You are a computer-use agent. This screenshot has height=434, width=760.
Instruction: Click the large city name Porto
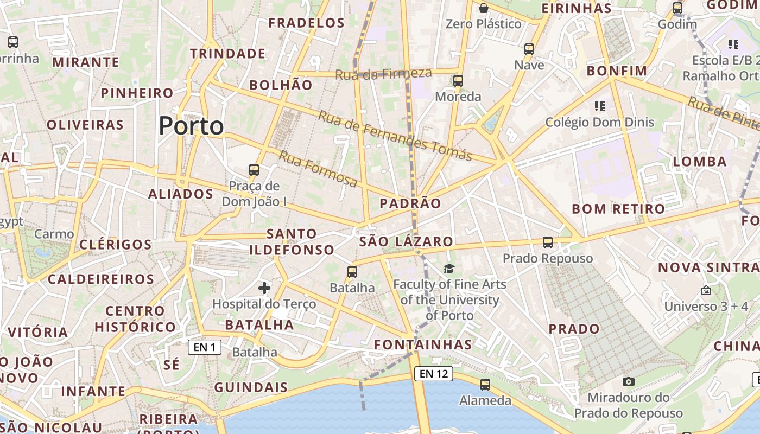[x=191, y=126]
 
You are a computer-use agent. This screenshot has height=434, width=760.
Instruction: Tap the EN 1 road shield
[x=205, y=347]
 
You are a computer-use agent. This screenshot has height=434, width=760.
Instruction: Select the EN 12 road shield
[x=433, y=373]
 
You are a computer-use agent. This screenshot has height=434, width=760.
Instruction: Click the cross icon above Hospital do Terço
[x=264, y=288]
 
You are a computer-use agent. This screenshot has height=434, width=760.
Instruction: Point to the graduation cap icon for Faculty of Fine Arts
[x=449, y=269]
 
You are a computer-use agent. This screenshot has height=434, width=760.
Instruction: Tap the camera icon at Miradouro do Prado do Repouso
[x=629, y=382]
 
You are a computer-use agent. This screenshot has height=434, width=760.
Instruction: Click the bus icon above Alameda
[x=485, y=385]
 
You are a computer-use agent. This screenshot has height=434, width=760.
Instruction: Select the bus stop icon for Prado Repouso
[x=547, y=242]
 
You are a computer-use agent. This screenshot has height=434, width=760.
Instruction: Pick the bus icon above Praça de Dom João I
[x=254, y=170]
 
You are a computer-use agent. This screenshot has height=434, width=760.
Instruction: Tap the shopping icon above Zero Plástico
[x=483, y=8]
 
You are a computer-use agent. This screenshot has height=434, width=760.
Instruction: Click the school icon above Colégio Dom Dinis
[x=599, y=106]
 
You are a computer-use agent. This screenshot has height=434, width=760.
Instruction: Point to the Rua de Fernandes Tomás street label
[x=395, y=136]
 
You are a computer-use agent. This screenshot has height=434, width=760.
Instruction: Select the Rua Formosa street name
[x=318, y=169]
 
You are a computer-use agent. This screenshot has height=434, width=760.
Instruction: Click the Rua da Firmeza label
[x=383, y=74]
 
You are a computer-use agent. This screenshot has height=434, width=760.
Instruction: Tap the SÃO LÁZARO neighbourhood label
[x=406, y=241]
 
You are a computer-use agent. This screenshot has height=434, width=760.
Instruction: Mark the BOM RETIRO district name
[x=618, y=209]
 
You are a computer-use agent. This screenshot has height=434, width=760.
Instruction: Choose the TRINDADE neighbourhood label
[x=227, y=54]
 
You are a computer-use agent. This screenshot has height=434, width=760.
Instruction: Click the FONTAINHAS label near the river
[x=423, y=344]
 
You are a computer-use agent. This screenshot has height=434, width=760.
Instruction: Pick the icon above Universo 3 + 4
[x=706, y=291]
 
